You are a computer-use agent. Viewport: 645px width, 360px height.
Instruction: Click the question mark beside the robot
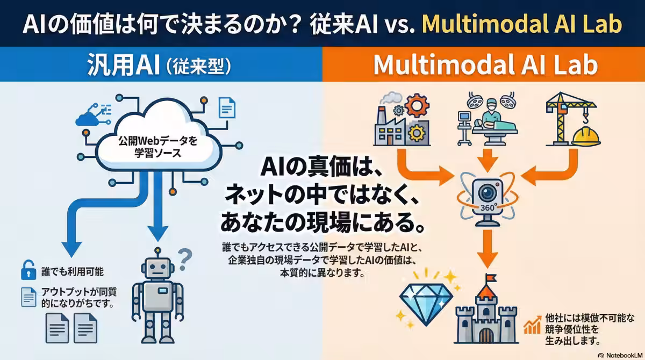tap(184, 260)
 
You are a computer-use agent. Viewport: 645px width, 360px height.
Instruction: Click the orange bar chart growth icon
tap(533, 325)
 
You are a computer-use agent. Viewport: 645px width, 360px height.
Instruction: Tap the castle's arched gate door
tap(486, 334)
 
